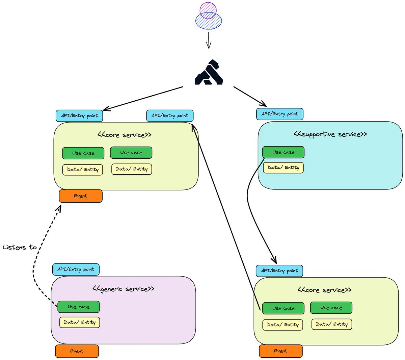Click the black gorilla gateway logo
(209, 72)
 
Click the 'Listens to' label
(20, 247)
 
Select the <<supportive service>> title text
(330, 134)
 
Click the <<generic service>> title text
(123, 289)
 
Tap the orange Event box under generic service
(77, 351)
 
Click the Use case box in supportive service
(283, 152)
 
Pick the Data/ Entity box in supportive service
(283, 168)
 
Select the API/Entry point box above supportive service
(280, 114)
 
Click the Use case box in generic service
(78, 307)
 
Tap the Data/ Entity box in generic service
(80, 322)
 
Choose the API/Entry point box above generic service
(76, 269)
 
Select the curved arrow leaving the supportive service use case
(251, 209)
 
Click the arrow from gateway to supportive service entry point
(250, 96)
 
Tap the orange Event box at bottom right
(280, 351)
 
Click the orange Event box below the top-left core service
(81, 196)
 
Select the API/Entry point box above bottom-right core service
(279, 271)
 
